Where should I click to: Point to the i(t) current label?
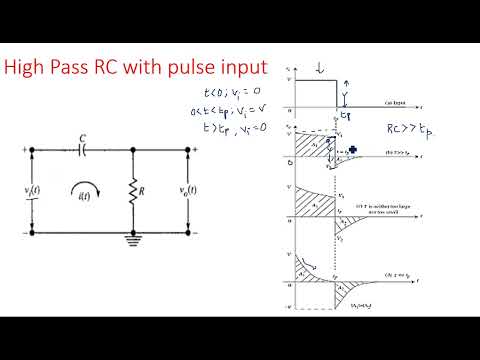[x=87, y=201]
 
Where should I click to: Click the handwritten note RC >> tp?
[x=409, y=129]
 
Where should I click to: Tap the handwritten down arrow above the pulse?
[x=318, y=68]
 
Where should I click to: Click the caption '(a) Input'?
[x=400, y=103]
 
